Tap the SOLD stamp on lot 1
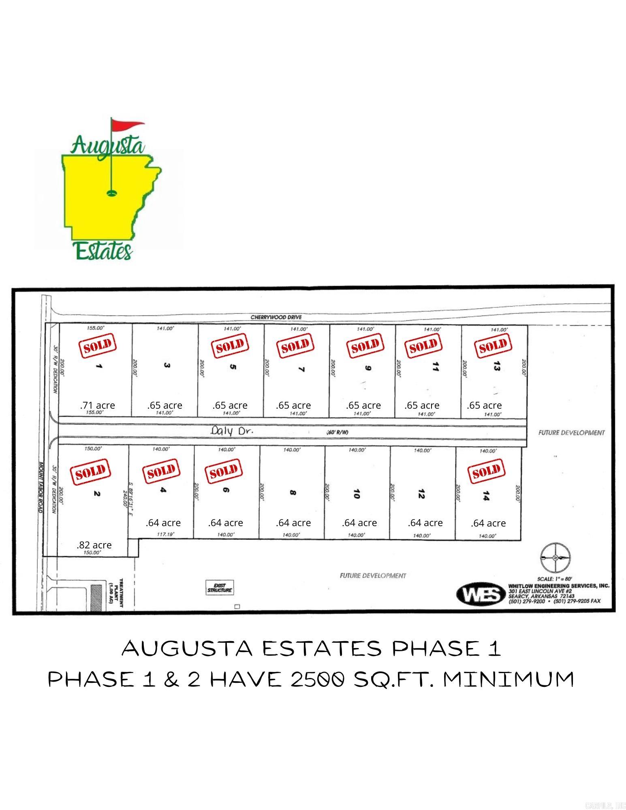point(97,345)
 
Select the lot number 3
point(167,365)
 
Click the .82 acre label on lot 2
point(94,545)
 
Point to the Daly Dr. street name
point(232,431)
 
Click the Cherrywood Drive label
point(276,317)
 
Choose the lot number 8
point(293,493)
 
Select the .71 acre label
point(97,405)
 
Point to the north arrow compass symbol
point(555,558)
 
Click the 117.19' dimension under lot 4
point(165,534)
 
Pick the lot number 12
point(421,494)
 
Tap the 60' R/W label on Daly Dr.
point(337,432)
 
